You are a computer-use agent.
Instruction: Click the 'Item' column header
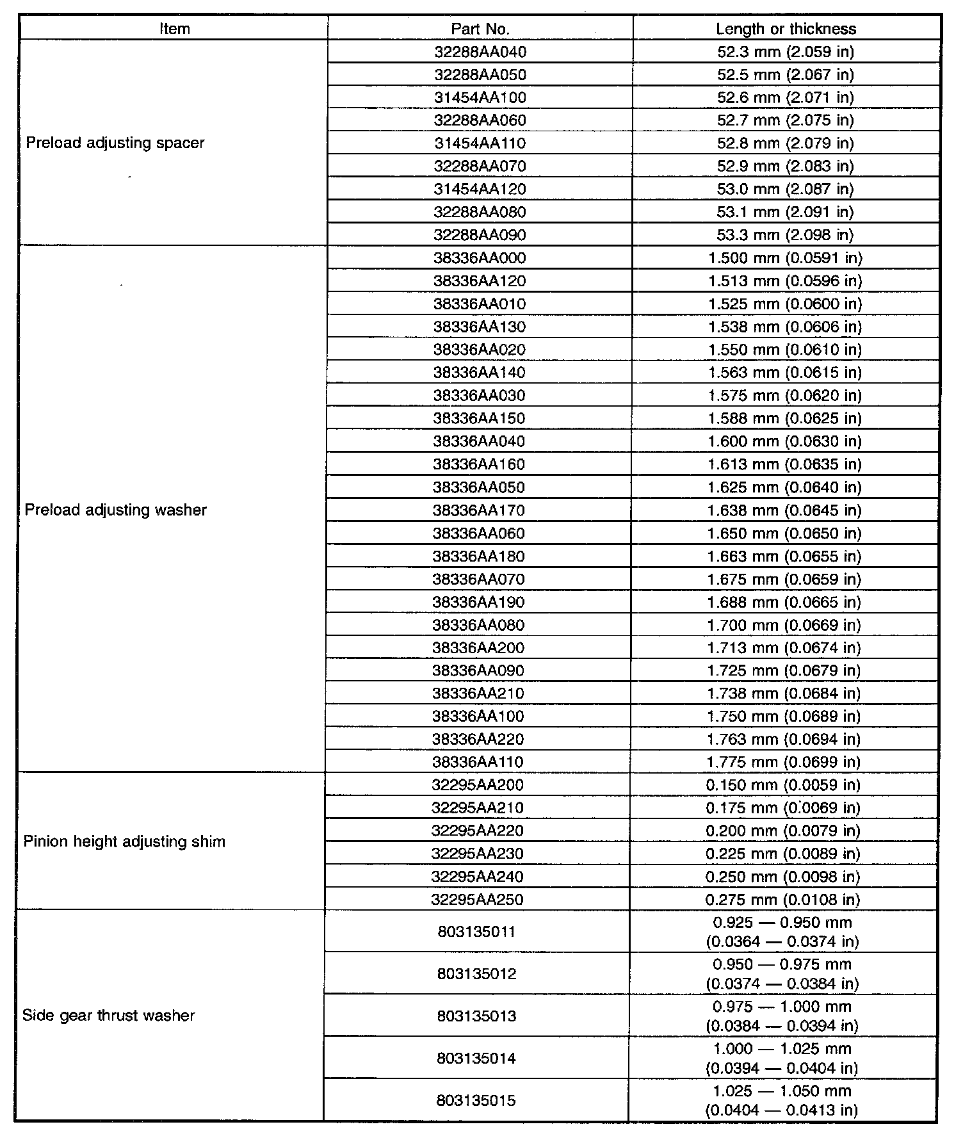point(174,29)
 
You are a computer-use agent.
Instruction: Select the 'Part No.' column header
point(480,29)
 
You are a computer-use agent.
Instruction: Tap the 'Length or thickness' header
point(786,29)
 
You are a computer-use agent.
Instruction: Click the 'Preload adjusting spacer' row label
point(115,143)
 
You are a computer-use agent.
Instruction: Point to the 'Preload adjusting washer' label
point(116,510)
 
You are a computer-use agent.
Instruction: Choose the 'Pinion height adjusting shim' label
point(124,841)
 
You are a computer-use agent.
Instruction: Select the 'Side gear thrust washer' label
point(108,1016)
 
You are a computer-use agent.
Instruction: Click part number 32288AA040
point(480,52)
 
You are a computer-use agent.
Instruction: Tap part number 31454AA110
point(480,143)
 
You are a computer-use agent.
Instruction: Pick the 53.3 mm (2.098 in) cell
point(786,235)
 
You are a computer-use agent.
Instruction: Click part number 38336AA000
point(480,258)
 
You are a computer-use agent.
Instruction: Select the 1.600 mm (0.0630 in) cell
point(785,442)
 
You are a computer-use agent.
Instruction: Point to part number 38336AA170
point(479,511)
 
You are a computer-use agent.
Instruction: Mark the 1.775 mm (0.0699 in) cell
point(784,763)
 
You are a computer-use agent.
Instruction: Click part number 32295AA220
point(478,831)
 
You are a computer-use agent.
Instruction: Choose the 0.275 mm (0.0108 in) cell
point(783,900)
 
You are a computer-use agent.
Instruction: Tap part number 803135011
point(477,932)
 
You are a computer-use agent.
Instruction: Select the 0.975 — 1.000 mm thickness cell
point(782,1016)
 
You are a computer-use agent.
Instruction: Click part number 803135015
point(476,1101)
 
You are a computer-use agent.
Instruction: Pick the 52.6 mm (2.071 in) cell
point(786,97)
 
